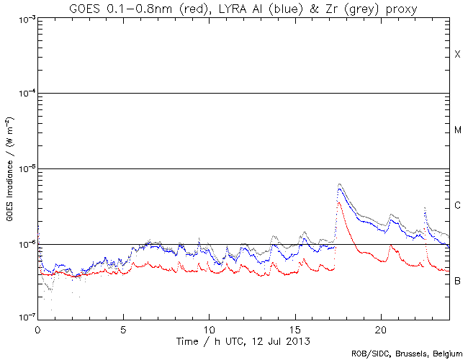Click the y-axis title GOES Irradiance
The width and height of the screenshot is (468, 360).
(x=10, y=169)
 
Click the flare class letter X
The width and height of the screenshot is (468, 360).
(x=457, y=55)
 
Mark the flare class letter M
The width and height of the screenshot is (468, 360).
(x=457, y=130)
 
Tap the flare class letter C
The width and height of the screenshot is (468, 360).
(x=457, y=206)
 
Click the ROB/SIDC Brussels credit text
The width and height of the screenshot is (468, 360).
(x=406, y=354)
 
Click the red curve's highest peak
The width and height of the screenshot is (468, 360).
(x=338, y=203)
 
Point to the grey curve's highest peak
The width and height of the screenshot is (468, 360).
(x=339, y=184)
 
